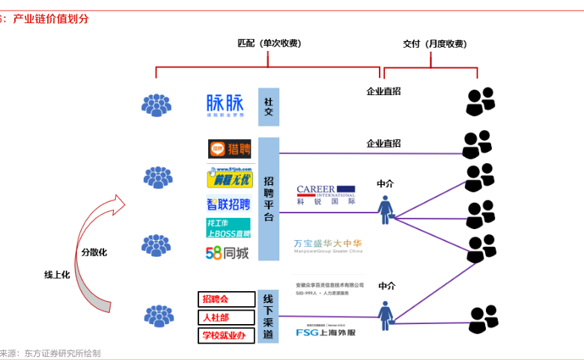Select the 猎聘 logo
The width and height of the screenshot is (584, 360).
point(228,150)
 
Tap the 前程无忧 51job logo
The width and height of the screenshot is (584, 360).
point(229,178)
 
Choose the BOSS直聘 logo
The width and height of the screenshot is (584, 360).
point(228,228)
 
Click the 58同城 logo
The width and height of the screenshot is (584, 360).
point(228,253)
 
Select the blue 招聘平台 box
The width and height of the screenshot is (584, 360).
point(268,198)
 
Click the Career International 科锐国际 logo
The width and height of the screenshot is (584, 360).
point(326,195)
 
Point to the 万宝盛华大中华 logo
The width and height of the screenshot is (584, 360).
point(328,245)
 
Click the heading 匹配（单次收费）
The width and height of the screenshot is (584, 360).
point(270,43)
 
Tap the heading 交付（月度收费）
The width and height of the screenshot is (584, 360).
point(435,43)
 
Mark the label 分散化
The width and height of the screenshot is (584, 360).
point(94,252)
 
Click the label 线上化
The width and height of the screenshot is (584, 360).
point(57,275)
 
